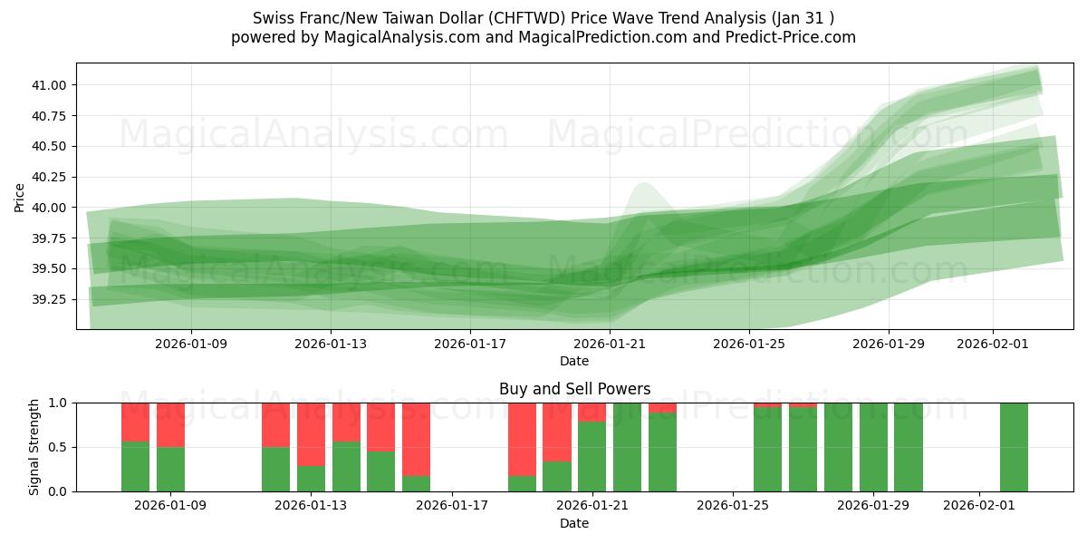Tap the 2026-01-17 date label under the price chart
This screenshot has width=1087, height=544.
click(x=470, y=345)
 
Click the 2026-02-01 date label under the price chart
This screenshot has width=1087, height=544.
click(x=993, y=345)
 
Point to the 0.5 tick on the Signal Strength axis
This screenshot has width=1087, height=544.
click(x=59, y=447)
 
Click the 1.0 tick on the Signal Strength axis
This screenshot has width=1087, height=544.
click(x=59, y=403)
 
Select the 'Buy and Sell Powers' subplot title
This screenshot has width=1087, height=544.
click(x=574, y=389)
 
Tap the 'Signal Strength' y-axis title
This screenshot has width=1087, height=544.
click(x=34, y=447)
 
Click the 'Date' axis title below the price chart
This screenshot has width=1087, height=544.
click(x=574, y=361)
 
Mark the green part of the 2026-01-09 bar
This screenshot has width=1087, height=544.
click(x=170, y=469)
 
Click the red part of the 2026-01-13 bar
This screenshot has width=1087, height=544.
click(x=311, y=433)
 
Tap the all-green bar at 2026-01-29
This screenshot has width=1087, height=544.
click(x=873, y=447)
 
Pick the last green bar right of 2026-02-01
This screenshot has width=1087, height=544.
click(x=1014, y=447)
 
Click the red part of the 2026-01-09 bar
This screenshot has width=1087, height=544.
click(x=170, y=424)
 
